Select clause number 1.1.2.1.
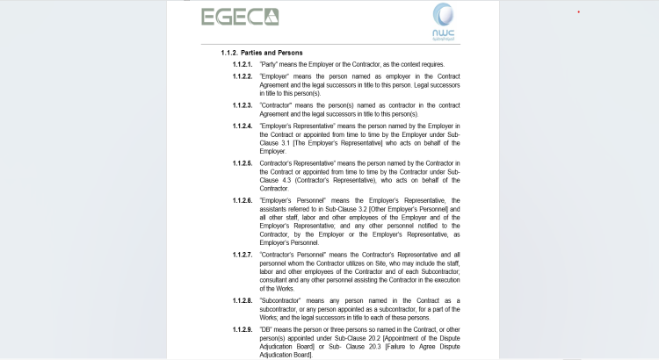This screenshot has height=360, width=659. (x=243, y=65)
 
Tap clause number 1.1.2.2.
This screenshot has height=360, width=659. (x=243, y=76)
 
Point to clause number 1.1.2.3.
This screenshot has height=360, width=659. (x=243, y=105)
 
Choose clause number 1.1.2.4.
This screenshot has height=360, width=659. (x=243, y=126)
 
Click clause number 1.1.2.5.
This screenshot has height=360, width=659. (x=243, y=162)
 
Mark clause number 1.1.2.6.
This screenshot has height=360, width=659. (x=243, y=200)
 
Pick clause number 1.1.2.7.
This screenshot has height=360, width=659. (x=243, y=255)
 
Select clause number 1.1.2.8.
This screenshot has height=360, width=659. (x=243, y=300)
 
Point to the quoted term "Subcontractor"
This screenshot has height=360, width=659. (x=283, y=300)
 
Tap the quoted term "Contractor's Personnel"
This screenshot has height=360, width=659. (x=296, y=255)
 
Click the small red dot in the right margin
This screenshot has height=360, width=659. (x=578, y=11)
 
